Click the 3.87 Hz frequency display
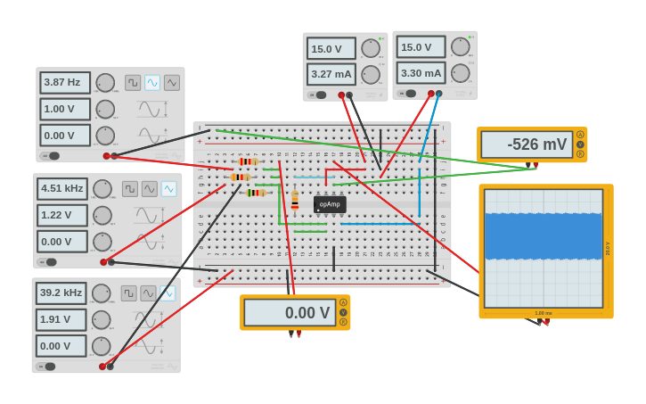[x=65, y=82]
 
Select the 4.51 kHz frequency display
[x=62, y=188]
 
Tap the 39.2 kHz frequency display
[x=61, y=293]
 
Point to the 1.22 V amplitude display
[x=62, y=215]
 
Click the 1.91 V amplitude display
[x=61, y=319]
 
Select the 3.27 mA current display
[x=331, y=74]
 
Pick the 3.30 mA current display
[x=421, y=73]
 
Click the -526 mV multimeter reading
[x=526, y=144]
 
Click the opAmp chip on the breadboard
[x=330, y=204]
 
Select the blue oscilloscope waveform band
[x=544, y=235]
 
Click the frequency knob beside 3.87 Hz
[x=105, y=83]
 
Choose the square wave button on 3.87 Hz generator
[x=133, y=83]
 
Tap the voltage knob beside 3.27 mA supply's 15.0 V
[x=370, y=48]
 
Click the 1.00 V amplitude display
[x=65, y=109]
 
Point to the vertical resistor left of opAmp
[x=295, y=201]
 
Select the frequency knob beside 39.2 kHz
[x=101, y=293]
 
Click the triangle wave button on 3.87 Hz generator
[x=171, y=83]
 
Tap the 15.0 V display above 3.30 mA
[x=421, y=47]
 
